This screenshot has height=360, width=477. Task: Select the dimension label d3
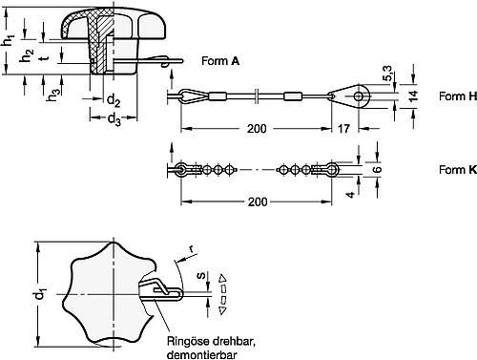point(113,121)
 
